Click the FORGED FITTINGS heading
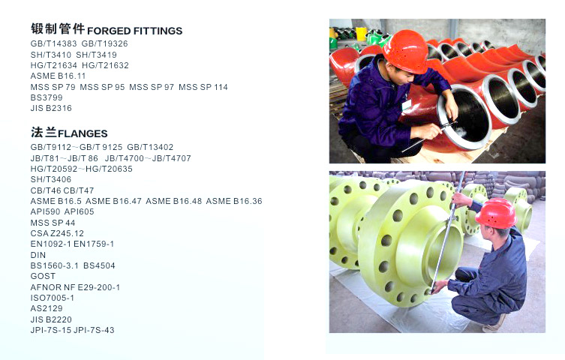[x=135, y=31]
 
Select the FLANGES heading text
[x=83, y=133]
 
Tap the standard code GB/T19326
[x=104, y=44]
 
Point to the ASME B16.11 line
[x=58, y=76]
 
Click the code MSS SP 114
[x=203, y=87]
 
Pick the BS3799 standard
[x=47, y=97]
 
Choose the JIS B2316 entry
[x=51, y=108]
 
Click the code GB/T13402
[x=150, y=147]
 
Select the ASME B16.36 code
[x=234, y=201]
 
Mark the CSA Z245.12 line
[x=57, y=233]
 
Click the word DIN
[x=38, y=255]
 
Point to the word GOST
[x=43, y=276]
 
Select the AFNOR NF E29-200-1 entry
[x=75, y=287]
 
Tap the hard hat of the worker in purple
[x=406, y=51]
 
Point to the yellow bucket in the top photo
[x=361, y=33]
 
